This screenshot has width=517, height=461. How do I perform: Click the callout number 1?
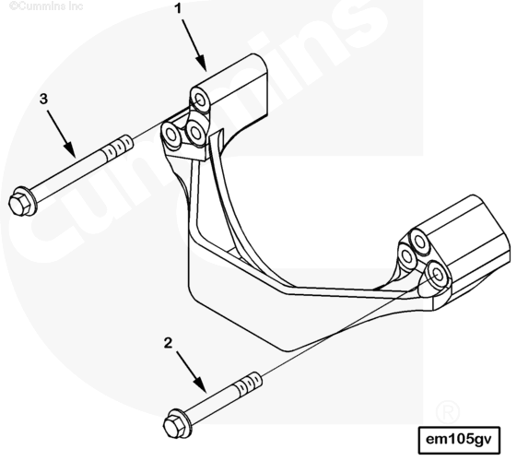178,9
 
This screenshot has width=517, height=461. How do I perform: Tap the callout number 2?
168,343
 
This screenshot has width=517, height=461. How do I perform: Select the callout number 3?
43,99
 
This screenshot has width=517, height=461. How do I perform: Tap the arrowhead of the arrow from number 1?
202,64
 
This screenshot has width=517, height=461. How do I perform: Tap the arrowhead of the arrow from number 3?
69,149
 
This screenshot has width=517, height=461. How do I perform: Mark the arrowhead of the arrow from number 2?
201,385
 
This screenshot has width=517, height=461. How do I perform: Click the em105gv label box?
459,440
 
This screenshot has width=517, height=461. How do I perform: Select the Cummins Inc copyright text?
46,6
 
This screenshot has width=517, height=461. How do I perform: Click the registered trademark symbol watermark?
448,411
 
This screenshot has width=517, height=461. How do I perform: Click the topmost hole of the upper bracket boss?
201,99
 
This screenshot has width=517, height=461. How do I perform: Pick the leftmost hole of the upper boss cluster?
170,135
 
